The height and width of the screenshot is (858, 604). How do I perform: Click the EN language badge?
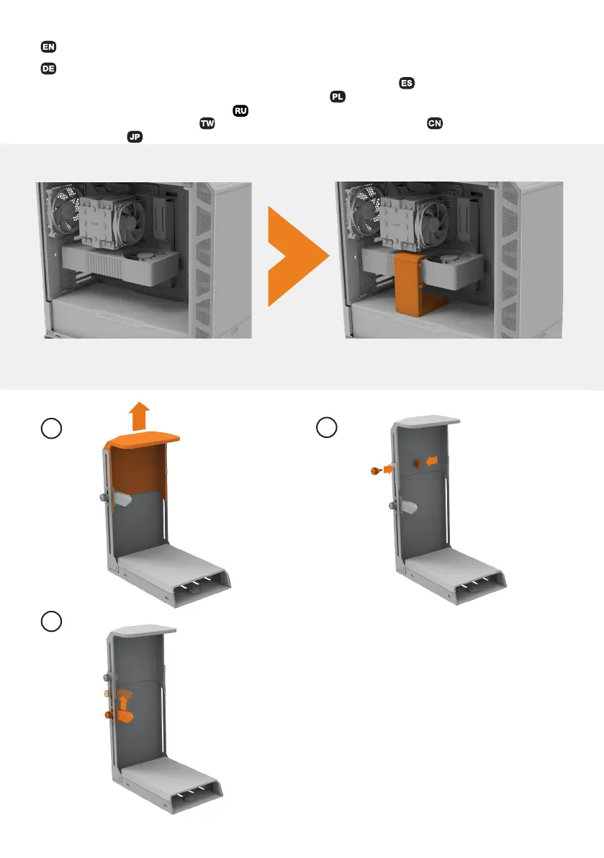(49, 47)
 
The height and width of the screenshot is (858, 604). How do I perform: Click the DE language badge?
(49, 68)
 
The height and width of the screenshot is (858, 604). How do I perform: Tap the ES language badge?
(407, 83)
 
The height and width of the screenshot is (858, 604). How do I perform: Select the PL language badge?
(338, 97)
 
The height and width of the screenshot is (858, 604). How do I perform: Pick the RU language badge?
(240, 110)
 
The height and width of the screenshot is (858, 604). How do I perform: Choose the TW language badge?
(207, 123)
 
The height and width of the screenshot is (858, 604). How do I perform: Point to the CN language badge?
(435, 123)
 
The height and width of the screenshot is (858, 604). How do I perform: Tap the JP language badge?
(135, 137)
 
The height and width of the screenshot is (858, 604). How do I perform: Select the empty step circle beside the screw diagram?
(327, 427)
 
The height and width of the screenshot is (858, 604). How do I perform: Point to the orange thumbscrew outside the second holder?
(375, 470)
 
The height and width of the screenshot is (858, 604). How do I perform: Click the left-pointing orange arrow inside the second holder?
(432, 461)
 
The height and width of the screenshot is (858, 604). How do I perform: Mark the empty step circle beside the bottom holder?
(51, 622)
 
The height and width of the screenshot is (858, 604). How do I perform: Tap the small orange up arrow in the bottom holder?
(124, 702)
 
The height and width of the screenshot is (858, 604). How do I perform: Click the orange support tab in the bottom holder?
(122, 716)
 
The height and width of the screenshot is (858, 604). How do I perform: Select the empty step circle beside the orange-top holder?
(51, 429)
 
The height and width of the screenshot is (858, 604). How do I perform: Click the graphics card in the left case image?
(120, 264)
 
